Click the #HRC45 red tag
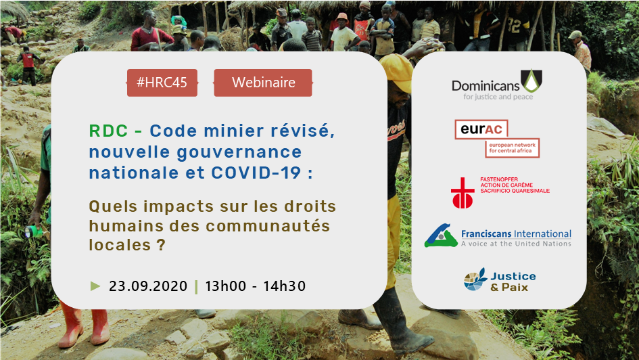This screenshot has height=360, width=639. coord(162,83)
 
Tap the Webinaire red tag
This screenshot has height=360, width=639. coord(263,83)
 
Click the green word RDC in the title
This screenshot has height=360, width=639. coord(108,131)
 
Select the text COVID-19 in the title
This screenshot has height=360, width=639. coord(256,173)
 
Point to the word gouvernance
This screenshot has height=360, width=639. coord(239,152)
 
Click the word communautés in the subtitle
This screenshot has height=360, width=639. coord(268,225)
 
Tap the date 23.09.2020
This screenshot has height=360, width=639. coord(148,286)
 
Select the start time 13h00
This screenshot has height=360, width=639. coord(226,286)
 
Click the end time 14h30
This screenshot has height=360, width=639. coord(285,286)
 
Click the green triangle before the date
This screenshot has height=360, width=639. coord(95,286)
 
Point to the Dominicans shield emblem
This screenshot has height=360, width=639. coord(531,81)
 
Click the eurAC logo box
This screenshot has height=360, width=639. coord(481,129)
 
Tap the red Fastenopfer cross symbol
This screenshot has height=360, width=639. coord(463,192)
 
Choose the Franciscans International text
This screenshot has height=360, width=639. coord(516,233)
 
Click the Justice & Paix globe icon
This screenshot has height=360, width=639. coord(475,279)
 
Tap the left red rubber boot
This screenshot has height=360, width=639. coord(70,325)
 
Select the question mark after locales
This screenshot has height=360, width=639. coord(160,244)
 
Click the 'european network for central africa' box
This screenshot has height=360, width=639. coord(512,148)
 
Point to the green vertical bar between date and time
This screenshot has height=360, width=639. coord(196,287)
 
